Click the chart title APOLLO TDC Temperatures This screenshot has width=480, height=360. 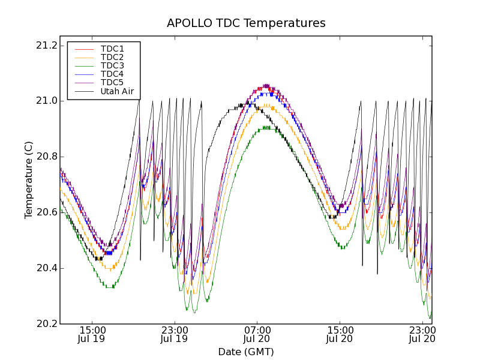point(246,23)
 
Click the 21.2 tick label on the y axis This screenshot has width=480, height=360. point(47,45)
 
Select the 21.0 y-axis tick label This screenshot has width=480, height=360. point(47,101)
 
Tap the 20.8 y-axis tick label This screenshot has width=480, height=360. point(47,157)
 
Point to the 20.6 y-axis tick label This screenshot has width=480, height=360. point(47,212)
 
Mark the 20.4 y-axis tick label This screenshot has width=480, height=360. point(47,268)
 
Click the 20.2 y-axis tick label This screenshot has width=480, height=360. point(47,324)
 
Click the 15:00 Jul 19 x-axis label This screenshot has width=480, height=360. point(92,334)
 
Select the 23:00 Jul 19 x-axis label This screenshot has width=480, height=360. point(175,334)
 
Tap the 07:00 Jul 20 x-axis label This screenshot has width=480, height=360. point(257,334)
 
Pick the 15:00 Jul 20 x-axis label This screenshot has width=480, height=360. point(340,334)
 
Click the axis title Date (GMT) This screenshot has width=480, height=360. point(246,352)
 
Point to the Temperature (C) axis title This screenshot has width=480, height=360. point(29,180)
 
